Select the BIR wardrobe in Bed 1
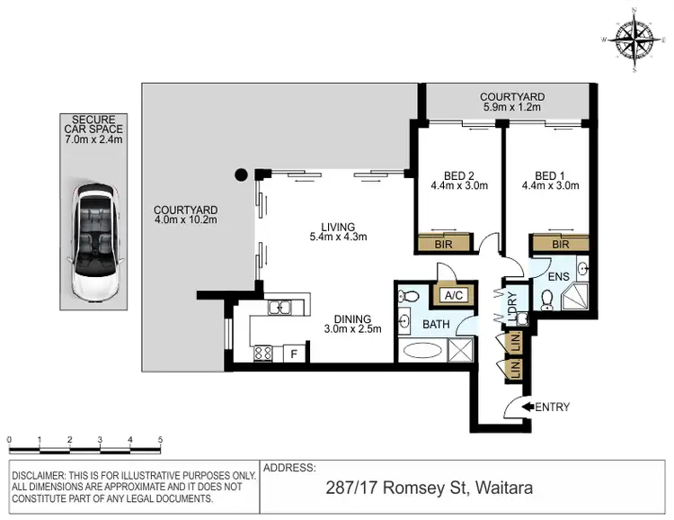pyautogui.click(x=560, y=244)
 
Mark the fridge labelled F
pyautogui.click(x=292, y=354)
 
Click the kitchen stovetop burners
pyautogui.click(x=264, y=354)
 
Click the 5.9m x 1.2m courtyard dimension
pyautogui.click(x=511, y=108)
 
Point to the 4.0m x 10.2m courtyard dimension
pyautogui.click(x=186, y=220)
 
